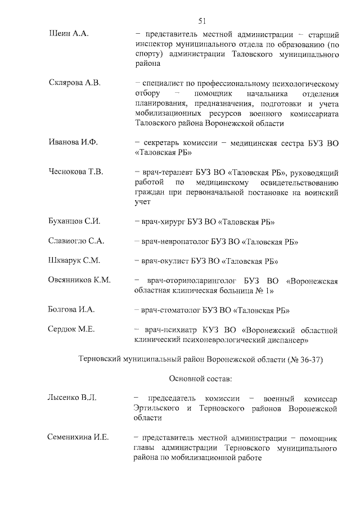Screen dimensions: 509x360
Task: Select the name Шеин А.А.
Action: (x=66, y=34)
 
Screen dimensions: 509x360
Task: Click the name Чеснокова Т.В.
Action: (x=76, y=172)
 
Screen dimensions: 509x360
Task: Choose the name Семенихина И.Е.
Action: (x=79, y=438)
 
